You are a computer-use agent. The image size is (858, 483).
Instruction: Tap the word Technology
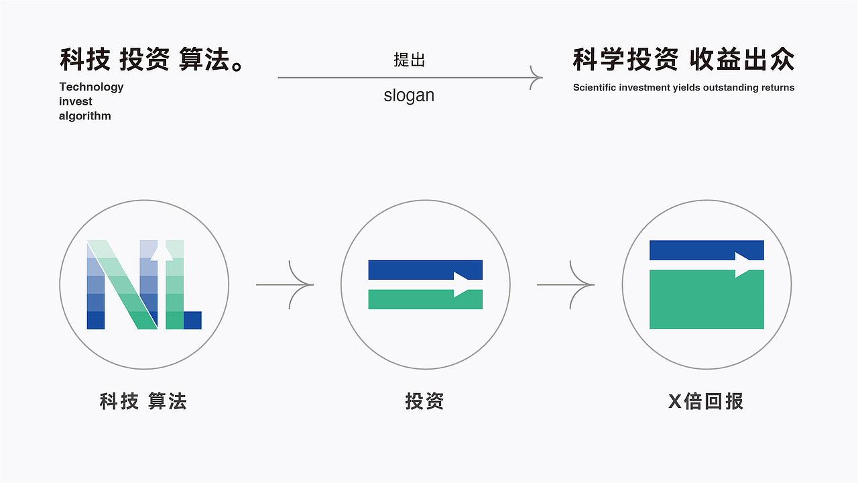coord(91,87)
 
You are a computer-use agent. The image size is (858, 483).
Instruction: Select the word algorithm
coord(85,116)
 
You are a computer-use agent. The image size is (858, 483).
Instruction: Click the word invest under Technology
coord(76,101)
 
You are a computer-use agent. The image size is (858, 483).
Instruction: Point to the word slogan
coord(409,95)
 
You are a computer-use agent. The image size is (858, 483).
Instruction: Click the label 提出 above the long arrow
coord(410,60)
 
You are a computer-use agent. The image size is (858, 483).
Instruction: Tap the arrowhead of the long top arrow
coord(536,78)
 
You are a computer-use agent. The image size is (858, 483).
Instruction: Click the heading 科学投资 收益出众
coord(684,60)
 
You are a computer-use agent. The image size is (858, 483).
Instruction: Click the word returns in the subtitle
coord(777,87)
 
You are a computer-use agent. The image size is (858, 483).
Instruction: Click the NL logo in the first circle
coord(144,284)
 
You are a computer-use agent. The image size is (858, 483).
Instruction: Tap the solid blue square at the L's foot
coord(192,320)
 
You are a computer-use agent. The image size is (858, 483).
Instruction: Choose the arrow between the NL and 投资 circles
coord(286,284)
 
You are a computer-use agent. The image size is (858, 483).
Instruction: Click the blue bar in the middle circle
coord(425,269)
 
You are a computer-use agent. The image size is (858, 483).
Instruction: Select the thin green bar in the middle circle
coord(425,299)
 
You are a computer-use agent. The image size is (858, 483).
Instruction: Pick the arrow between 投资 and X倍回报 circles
coord(566,284)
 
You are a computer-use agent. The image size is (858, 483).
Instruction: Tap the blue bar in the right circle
coord(707,250)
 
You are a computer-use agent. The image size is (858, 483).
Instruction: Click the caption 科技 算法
coord(143,402)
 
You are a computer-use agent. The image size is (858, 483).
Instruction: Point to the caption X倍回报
coord(706,402)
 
